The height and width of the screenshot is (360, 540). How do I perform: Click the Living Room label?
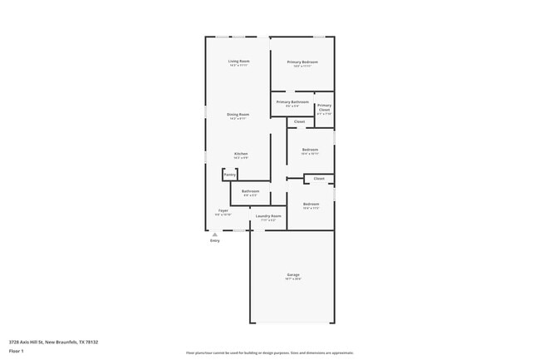[239, 62]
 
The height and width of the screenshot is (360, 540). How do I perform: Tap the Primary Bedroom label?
[302, 62]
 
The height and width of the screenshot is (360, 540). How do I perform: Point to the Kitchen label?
[240, 154]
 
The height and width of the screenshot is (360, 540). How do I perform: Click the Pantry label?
[229, 175]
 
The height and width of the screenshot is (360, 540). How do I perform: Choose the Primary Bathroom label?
[292, 102]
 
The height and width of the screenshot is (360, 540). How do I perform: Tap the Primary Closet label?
[324, 107]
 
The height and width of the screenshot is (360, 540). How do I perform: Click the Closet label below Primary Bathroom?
[299, 121]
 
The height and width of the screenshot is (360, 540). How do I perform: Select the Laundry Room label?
[268, 216]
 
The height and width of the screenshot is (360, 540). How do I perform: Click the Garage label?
[293, 274]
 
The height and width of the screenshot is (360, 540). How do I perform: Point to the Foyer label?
[223, 210]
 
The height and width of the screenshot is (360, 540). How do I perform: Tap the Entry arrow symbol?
[214, 234]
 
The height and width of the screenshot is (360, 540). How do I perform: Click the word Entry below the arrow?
[214, 240]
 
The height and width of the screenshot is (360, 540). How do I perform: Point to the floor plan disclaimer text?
[270, 353]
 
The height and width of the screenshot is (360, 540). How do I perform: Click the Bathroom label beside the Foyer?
[250, 191]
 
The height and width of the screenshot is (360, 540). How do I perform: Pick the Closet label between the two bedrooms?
[318, 178]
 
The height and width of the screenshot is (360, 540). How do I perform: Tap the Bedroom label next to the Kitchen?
[310, 150]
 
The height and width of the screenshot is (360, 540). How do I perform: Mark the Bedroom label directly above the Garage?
[311, 204]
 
